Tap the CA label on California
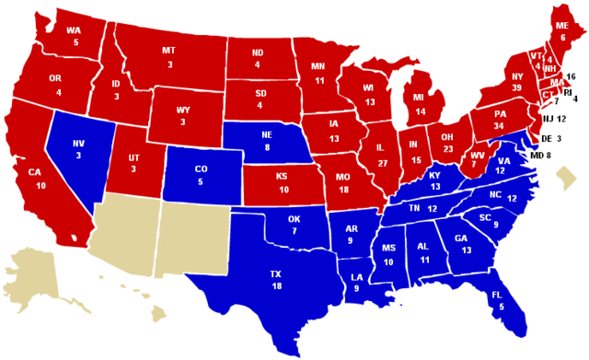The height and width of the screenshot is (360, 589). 35,173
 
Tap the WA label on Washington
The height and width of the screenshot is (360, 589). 73,29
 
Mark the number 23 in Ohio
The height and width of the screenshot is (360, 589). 448,148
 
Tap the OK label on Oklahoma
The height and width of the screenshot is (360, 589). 294,218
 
